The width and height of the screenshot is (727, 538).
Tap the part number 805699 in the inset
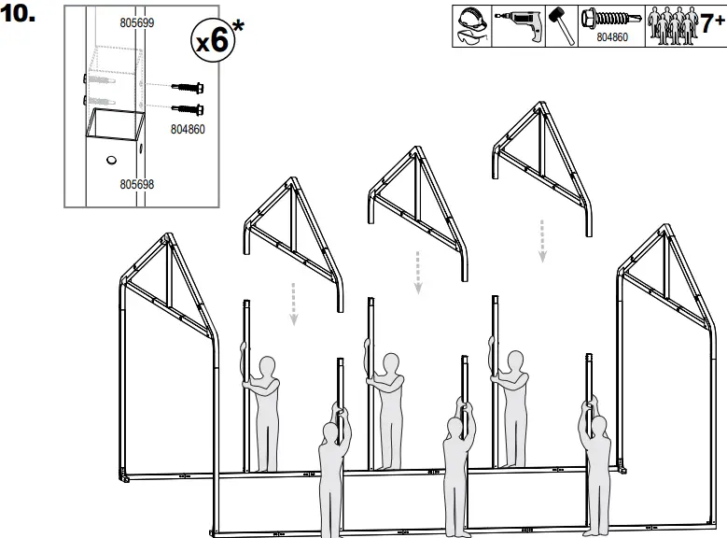[137, 21]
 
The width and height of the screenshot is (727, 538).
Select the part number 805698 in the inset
[137, 185]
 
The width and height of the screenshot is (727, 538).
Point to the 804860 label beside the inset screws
[188, 130]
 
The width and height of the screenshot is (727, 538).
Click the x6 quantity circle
[212, 38]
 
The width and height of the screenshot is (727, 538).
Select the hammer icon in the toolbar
[562, 26]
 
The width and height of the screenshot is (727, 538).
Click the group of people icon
[669, 25]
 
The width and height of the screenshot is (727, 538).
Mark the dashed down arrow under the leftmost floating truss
[294, 303]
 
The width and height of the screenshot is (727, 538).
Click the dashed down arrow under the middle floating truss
[418, 271]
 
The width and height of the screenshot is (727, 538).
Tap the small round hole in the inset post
[112, 161]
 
